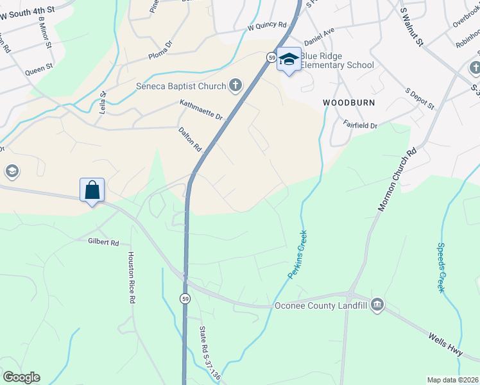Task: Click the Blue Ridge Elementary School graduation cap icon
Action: click(x=289, y=59)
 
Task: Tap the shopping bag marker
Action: click(x=92, y=190)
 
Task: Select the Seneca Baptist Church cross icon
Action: click(x=236, y=86)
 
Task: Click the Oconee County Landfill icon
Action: click(x=377, y=305)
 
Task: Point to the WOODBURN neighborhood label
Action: click(x=348, y=103)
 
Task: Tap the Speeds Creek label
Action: click(x=441, y=267)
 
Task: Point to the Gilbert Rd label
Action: click(x=104, y=243)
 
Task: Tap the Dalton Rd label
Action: click(x=190, y=139)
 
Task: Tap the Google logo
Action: click(x=21, y=377)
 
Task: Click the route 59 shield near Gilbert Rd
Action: click(x=185, y=299)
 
